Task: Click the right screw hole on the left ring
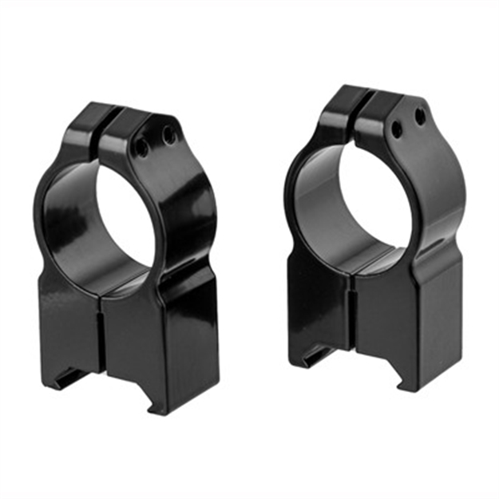(169, 137)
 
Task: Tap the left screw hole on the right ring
(395, 126)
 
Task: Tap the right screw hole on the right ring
(419, 117)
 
